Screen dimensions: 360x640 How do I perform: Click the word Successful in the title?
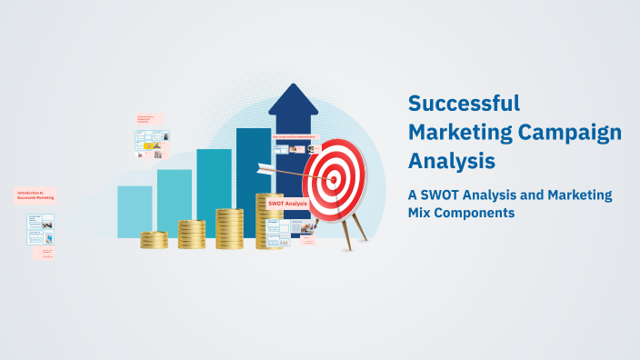click(x=464, y=103)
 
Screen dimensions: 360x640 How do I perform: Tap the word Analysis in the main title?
click(x=452, y=160)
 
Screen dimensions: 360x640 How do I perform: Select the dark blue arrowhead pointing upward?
click(x=293, y=100)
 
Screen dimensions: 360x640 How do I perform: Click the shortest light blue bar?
click(x=135, y=211)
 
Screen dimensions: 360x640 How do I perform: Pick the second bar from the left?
click(x=174, y=202)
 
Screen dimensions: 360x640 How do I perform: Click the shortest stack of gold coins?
click(x=154, y=240)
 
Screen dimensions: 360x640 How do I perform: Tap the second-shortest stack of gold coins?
click(x=191, y=234)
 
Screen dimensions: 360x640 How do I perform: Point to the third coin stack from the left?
click(x=229, y=227)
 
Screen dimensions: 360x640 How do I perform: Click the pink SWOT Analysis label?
click(x=287, y=204)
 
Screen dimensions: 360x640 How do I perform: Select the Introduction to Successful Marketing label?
click(x=36, y=195)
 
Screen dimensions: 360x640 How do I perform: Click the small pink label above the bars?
click(x=148, y=119)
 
